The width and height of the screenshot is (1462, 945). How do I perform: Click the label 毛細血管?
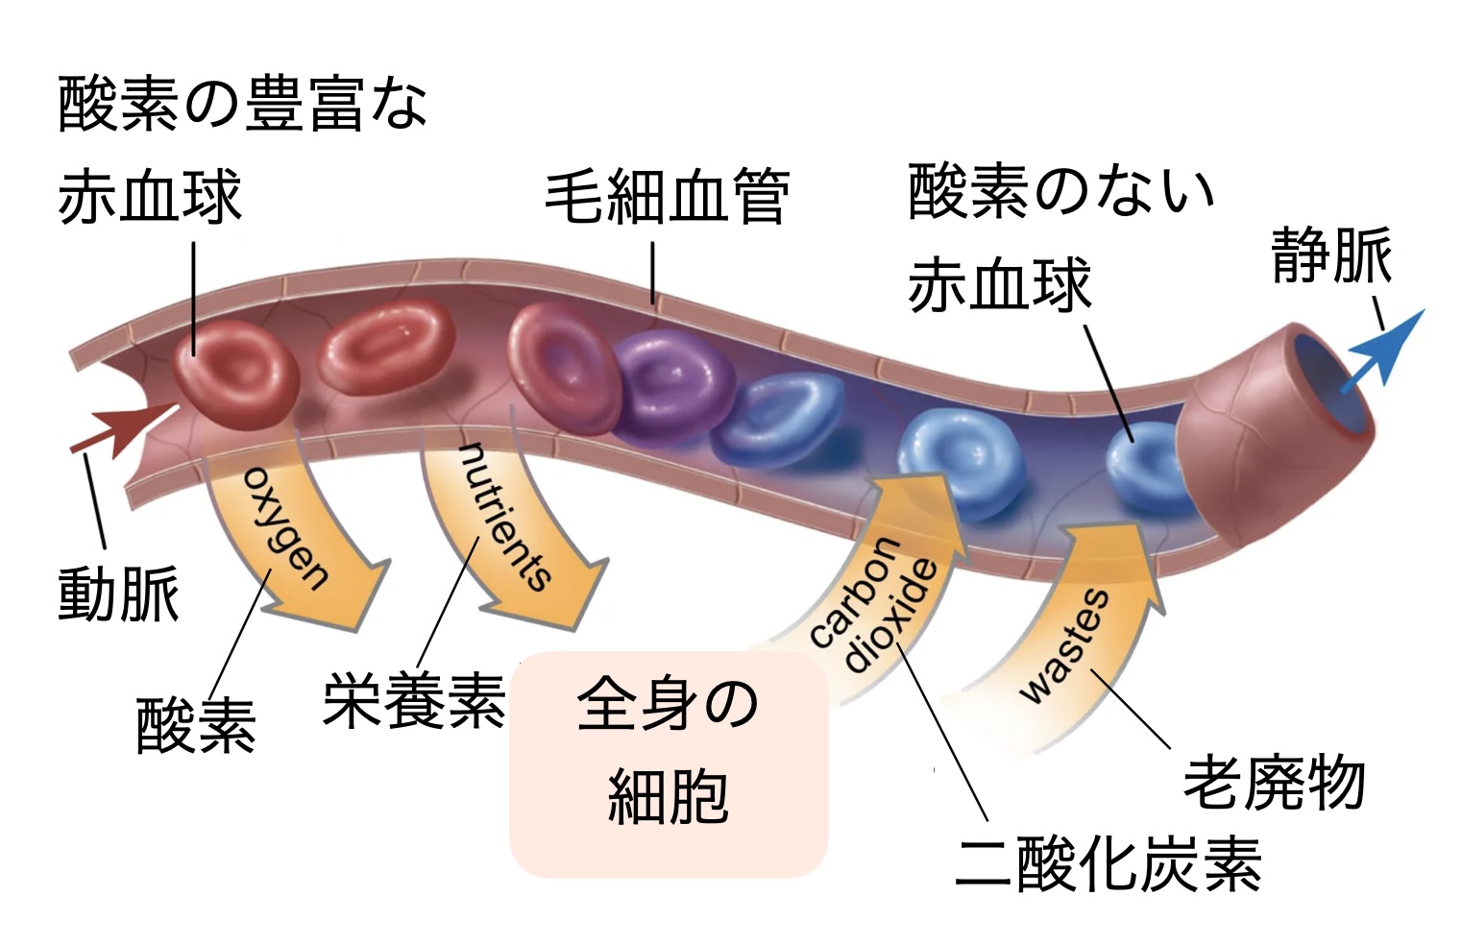click(667, 196)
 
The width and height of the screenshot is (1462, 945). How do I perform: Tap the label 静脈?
click(1331, 256)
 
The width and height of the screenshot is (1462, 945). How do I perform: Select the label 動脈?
click(118, 594)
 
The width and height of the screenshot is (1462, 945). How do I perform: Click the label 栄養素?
click(414, 702)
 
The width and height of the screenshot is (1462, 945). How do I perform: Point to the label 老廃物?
click(1274, 784)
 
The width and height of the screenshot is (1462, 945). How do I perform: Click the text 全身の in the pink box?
click(668, 704)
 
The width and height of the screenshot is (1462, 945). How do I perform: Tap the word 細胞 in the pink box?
click(668, 796)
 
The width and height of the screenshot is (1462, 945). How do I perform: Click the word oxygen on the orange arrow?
click(285, 529)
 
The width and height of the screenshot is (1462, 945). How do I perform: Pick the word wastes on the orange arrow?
click(1063, 646)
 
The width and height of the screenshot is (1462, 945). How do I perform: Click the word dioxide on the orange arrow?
click(889, 616)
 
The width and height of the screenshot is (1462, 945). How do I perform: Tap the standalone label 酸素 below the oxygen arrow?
click(196, 726)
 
